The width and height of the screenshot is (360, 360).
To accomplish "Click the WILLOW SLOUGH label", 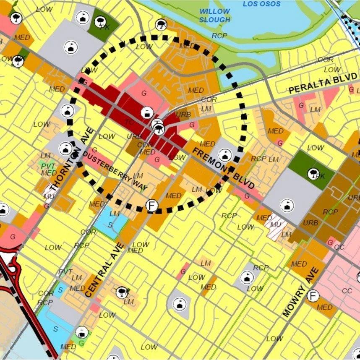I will pyautogui.click(x=214, y=16).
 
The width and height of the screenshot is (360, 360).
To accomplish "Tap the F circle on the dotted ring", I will pyautogui.click(x=152, y=205).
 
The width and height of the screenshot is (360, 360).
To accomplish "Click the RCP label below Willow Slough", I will pyautogui.click(x=219, y=36).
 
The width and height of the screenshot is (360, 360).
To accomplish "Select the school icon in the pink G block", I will pyautogui.click(x=147, y=112).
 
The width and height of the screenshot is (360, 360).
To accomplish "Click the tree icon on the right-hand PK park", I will pyautogui.click(x=312, y=173).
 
